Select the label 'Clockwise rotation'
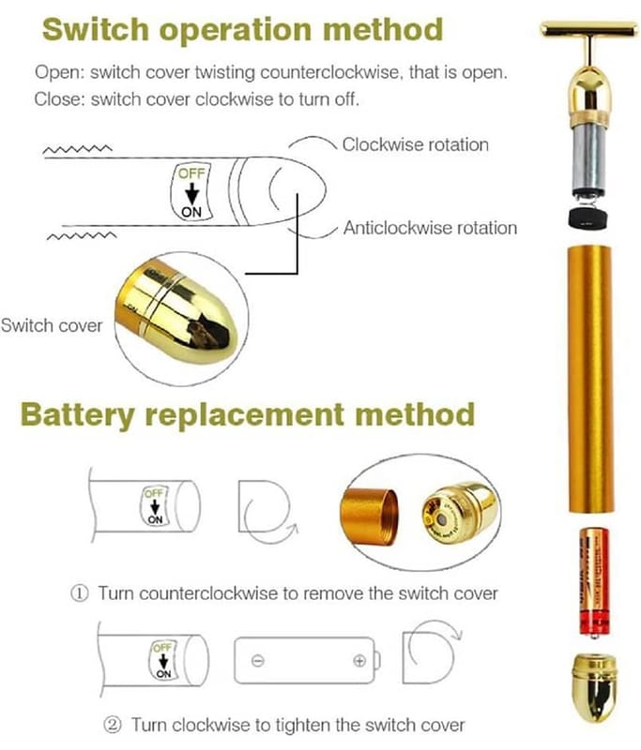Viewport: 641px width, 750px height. click(x=415, y=144)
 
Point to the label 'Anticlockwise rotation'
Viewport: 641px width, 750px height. click(x=430, y=228)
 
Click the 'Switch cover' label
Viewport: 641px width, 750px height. click(x=51, y=325)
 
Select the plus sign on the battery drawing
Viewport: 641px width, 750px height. click(x=359, y=660)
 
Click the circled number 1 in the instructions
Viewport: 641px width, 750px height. click(x=82, y=593)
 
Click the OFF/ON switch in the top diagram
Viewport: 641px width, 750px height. click(x=191, y=192)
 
